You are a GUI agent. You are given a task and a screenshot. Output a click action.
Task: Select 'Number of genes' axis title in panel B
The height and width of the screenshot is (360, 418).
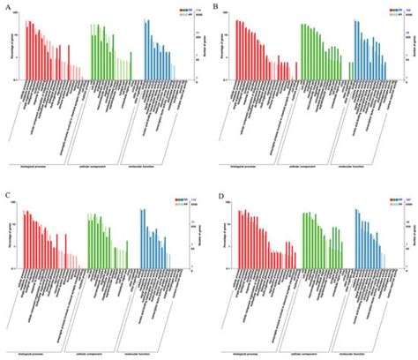click(411, 49)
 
